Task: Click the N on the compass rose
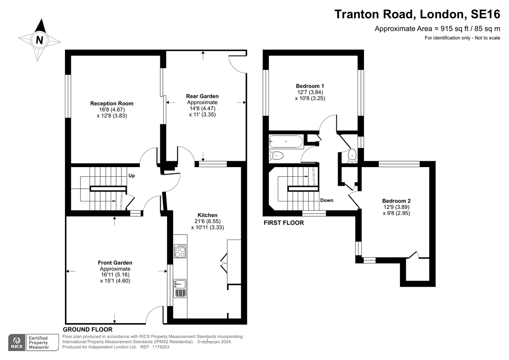pos(39,40)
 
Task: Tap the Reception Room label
pos(112,103)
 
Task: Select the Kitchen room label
pos(207,215)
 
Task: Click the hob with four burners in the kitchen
pos(180,252)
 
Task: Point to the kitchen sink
pos(179,283)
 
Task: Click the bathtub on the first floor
pos(286,142)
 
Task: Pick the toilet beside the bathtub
pos(277,156)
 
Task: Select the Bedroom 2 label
pos(396,201)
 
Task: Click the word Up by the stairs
pos(131,176)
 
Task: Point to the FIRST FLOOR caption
pos(284,223)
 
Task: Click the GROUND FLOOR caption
pos(87,329)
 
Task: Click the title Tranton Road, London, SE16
pos(417,14)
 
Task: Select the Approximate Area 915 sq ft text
pos(437,29)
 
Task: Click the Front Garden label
pos(115,263)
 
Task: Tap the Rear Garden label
pos(202,96)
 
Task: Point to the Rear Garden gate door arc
pos(236,64)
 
